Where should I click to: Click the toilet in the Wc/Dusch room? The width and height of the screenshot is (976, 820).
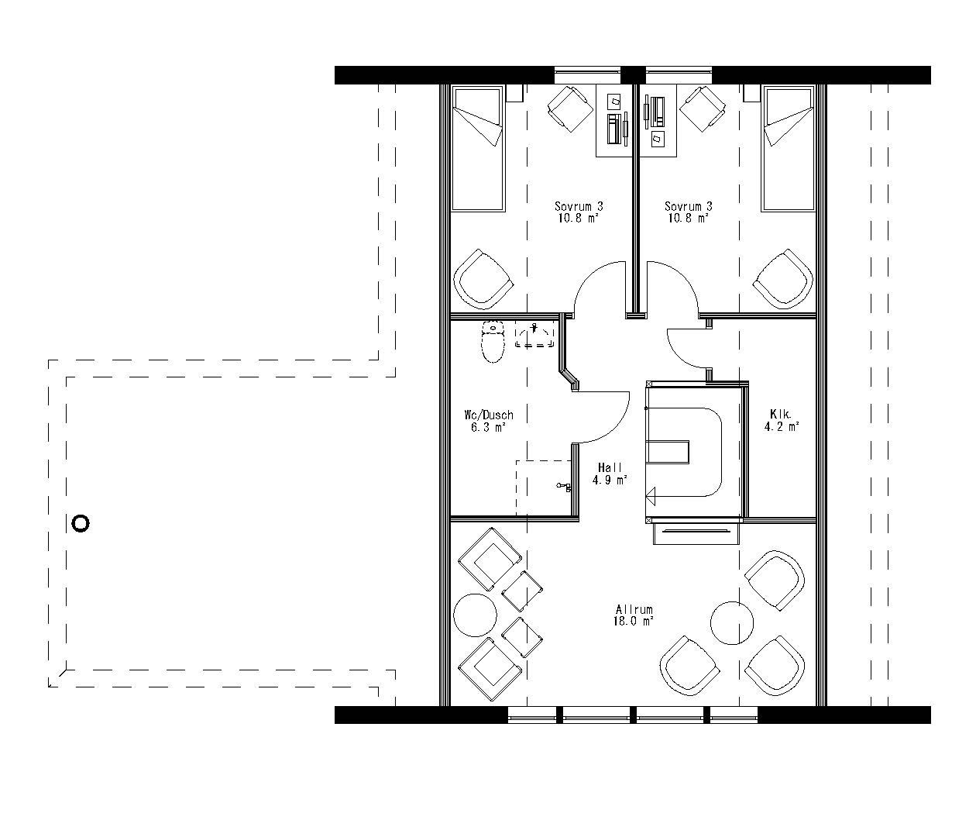click(492, 343)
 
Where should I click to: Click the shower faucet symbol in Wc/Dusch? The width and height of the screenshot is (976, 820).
click(564, 486)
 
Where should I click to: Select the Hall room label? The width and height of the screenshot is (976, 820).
click(610, 467)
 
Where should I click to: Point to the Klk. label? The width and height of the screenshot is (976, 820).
click(780, 413)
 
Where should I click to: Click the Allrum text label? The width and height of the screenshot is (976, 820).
click(634, 609)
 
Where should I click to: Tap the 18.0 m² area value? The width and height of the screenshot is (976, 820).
click(634, 621)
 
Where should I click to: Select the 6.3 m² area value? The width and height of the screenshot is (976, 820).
click(488, 427)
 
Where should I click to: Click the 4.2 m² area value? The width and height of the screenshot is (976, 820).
click(781, 426)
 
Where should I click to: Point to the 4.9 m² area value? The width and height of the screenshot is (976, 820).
click(610, 480)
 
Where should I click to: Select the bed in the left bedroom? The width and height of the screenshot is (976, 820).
click(478, 149)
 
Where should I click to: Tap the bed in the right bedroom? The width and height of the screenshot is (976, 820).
click(789, 149)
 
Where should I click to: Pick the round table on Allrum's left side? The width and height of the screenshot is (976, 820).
click(475, 615)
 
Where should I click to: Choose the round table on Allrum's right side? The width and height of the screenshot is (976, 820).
click(732, 623)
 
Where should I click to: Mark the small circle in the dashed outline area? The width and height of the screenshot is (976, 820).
click(80, 523)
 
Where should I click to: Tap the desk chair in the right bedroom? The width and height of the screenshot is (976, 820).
click(702, 107)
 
